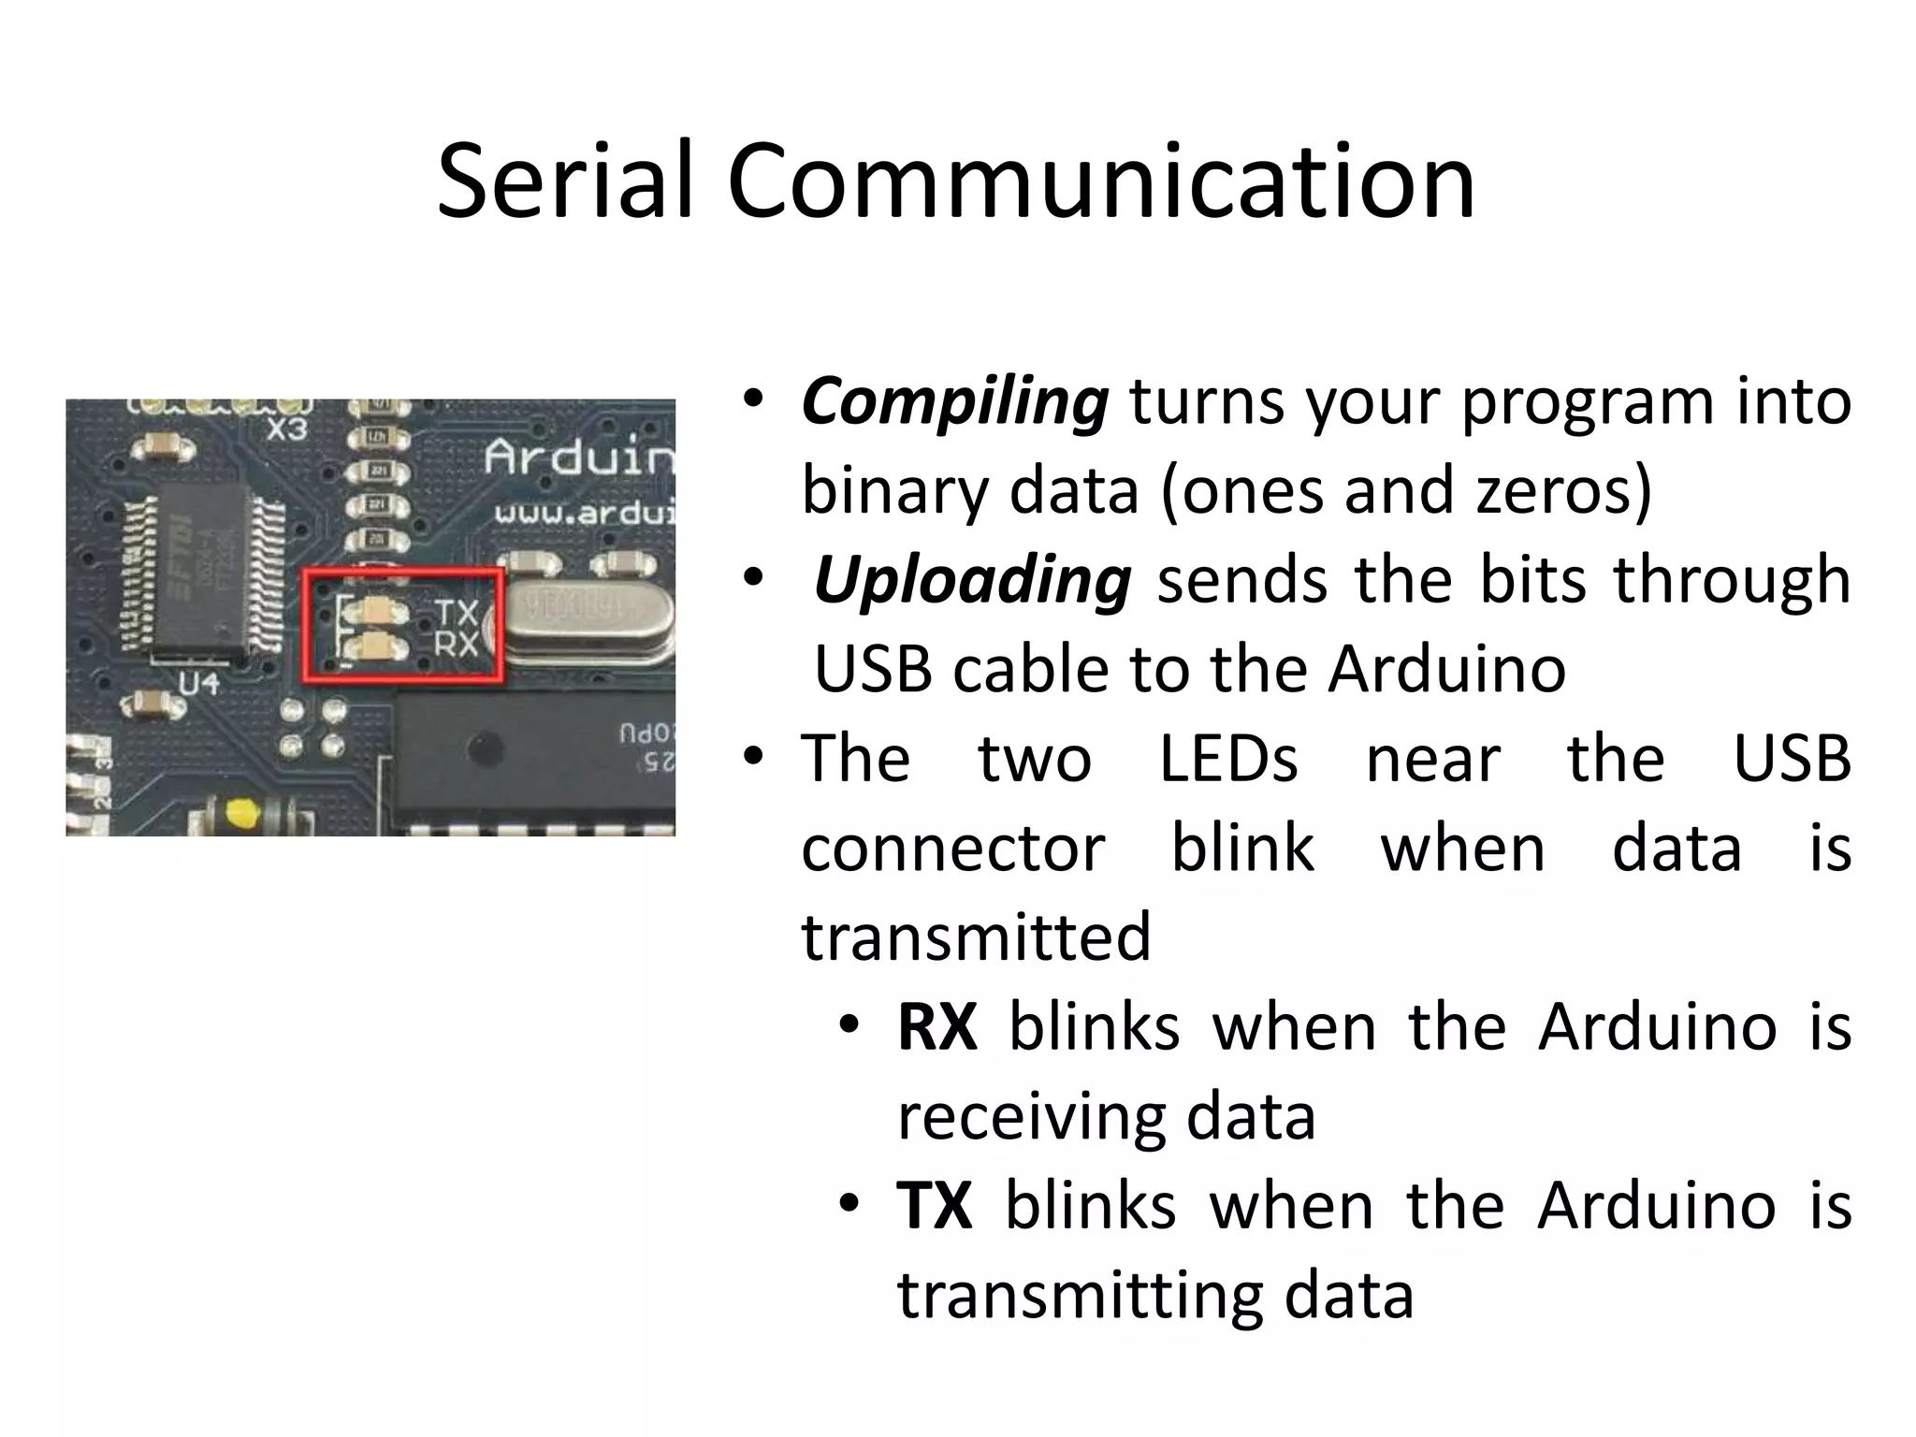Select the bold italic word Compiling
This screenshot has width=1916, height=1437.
tap(954, 402)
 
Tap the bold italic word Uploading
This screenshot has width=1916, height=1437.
tap(972, 581)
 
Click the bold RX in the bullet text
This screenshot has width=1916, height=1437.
tap(936, 1027)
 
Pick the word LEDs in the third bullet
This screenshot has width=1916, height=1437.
tap(1228, 759)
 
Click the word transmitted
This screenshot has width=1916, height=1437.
tap(976, 937)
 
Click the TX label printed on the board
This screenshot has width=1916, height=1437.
tap(457, 614)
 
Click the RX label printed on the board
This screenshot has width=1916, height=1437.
tap(457, 645)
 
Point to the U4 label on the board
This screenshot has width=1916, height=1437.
tap(198, 684)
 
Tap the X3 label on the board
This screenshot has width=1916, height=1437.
tap(287, 429)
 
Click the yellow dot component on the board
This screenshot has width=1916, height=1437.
tap(240, 812)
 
